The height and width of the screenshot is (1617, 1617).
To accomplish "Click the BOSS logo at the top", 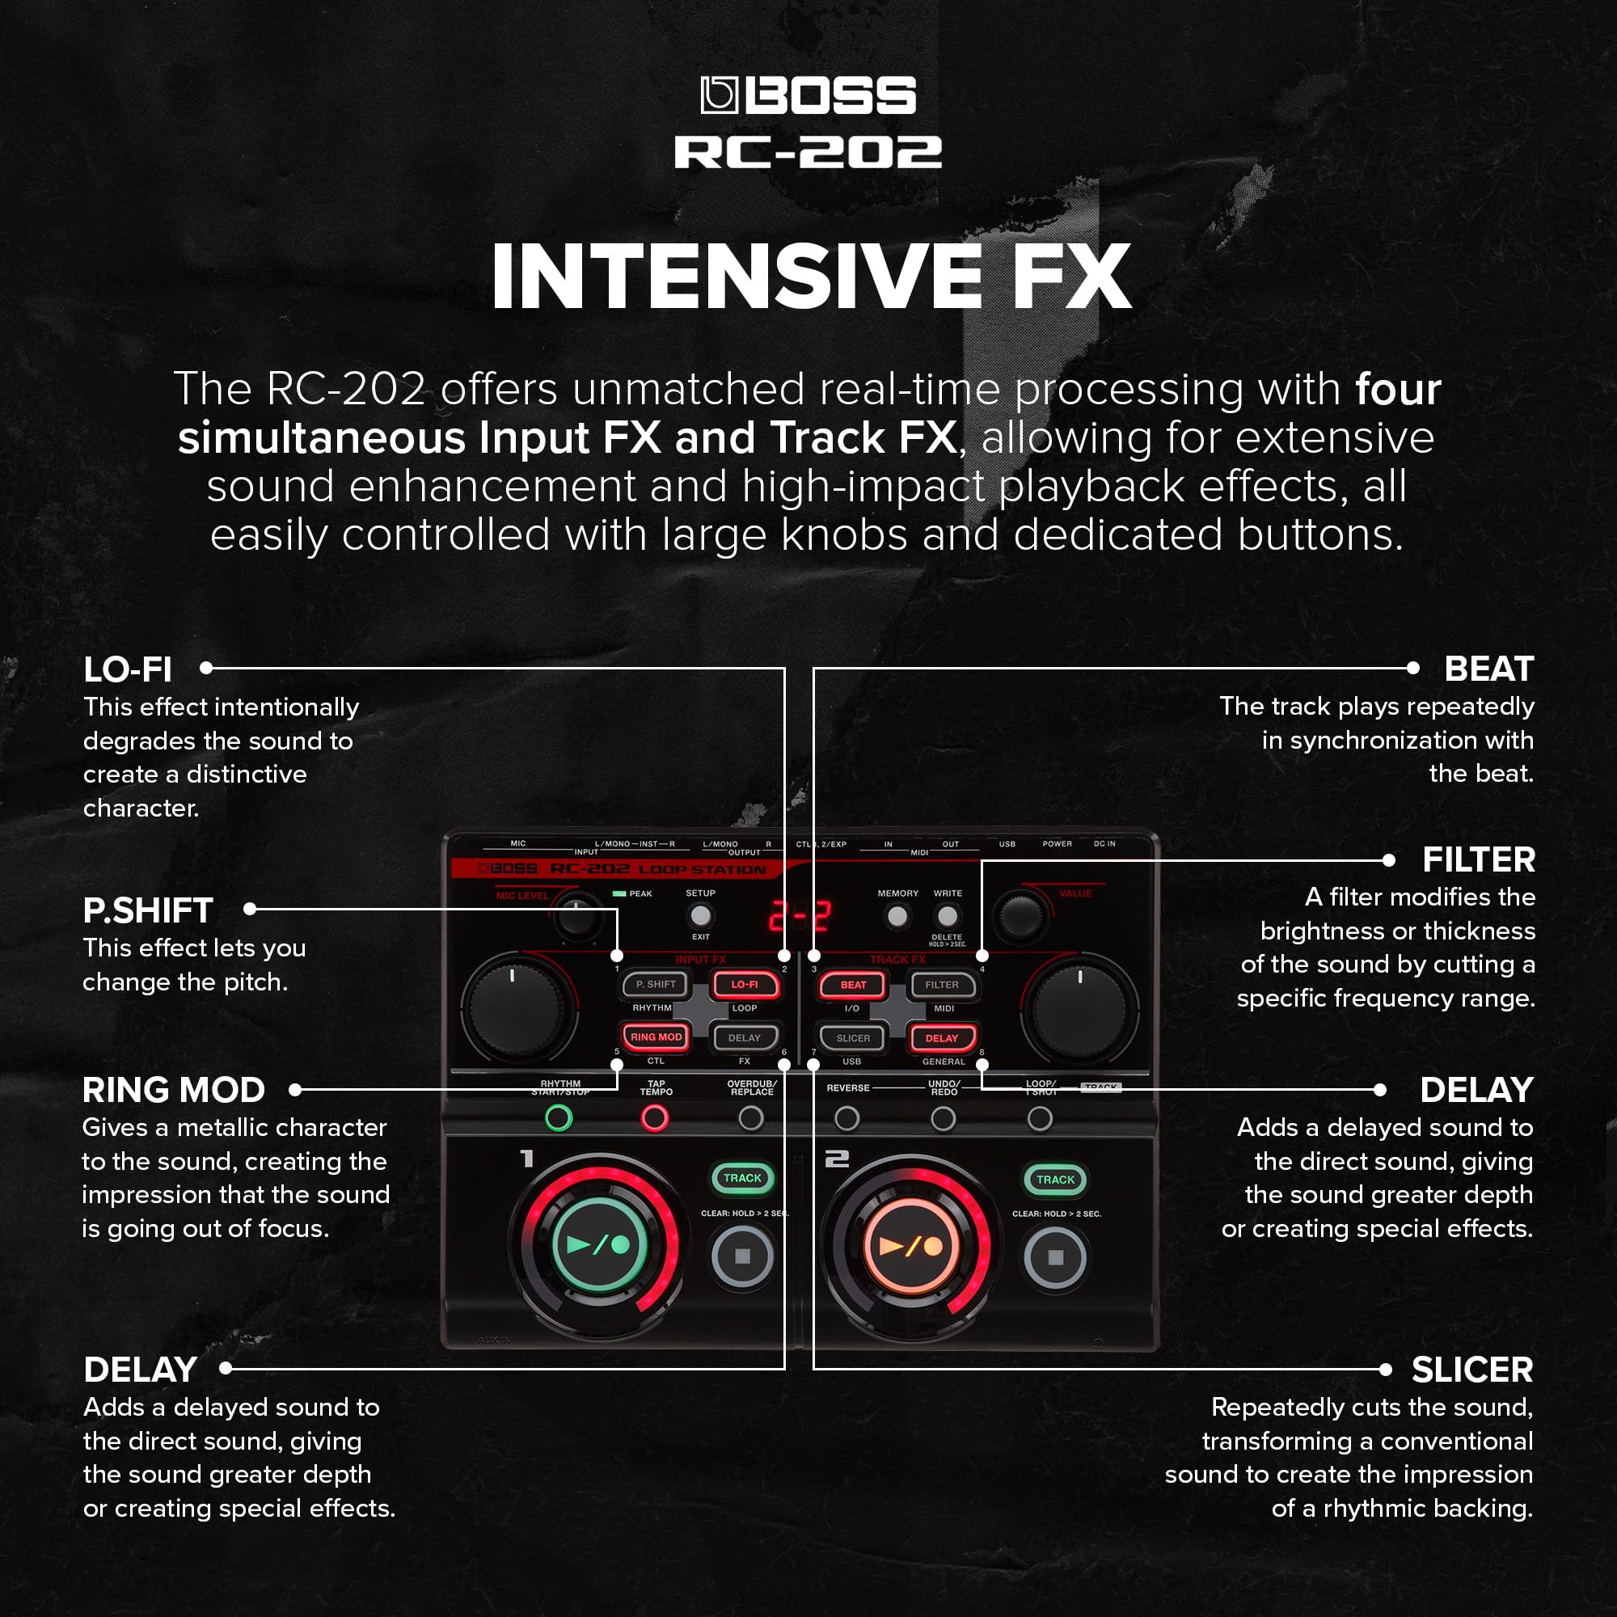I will click(x=808, y=95).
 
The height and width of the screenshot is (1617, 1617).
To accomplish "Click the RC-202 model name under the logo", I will click(x=808, y=152).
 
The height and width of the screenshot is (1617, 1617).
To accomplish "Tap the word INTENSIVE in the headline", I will click(x=737, y=277).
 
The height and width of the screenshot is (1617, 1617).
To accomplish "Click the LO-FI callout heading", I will click(x=127, y=669).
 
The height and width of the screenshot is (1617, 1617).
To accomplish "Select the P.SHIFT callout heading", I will click(x=148, y=910).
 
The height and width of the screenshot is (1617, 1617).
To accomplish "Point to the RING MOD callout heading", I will click(x=173, y=1091).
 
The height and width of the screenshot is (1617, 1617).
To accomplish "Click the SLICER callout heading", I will click(x=1471, y=1370).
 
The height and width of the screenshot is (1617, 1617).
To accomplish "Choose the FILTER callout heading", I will click(x=1478, y=860).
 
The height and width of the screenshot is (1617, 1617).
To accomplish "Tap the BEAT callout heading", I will click(x=1488, y=669).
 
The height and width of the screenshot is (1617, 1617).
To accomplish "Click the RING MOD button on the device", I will click(x=657, y=1037).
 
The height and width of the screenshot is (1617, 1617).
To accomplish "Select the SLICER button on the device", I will click(x=853, y=1038).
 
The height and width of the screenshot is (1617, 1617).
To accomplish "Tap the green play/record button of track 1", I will click(x=599, y=1245).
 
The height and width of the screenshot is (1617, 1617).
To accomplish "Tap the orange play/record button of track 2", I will click(x=910, y=1247).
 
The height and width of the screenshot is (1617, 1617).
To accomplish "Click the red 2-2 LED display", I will click(x=800, y=917).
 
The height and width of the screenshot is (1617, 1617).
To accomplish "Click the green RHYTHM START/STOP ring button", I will click(x=558, y=1118).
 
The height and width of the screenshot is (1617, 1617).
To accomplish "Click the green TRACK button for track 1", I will click(x=741, y=1178).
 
